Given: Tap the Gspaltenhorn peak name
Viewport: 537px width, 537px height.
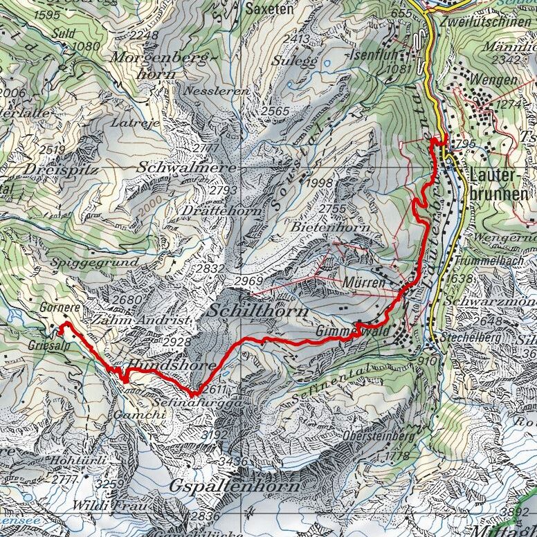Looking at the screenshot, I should click(235, 486).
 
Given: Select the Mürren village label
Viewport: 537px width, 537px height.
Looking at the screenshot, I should click(363, 283).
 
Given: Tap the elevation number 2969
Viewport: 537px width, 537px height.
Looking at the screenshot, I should click(251, 281).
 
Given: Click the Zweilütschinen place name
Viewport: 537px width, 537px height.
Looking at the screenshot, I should click(489, 21).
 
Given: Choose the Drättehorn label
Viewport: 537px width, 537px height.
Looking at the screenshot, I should click(213, 210).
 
